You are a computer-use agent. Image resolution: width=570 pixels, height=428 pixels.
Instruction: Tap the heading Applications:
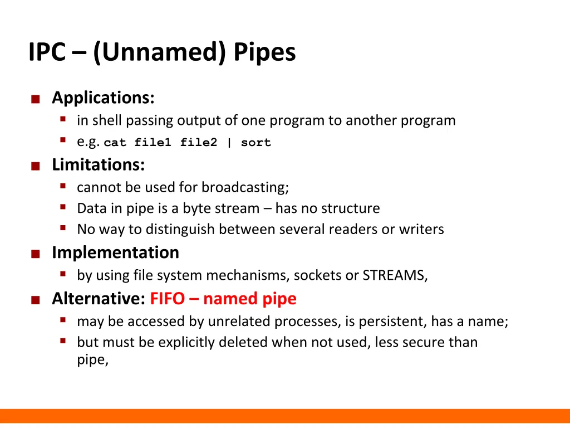tap(103, 98)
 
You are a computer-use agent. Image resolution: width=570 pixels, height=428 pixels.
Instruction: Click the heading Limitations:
tap(99, 165)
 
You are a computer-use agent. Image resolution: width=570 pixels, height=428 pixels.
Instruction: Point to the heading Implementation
tap(115, 252)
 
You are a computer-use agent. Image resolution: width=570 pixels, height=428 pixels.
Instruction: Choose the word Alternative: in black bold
tap(99, 299)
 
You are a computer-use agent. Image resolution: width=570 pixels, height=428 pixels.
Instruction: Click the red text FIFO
tap(167, 299)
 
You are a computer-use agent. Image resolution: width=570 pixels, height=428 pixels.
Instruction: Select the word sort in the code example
tap(256, 143)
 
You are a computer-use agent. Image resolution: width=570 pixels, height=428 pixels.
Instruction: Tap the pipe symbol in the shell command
tap(229, 143)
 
